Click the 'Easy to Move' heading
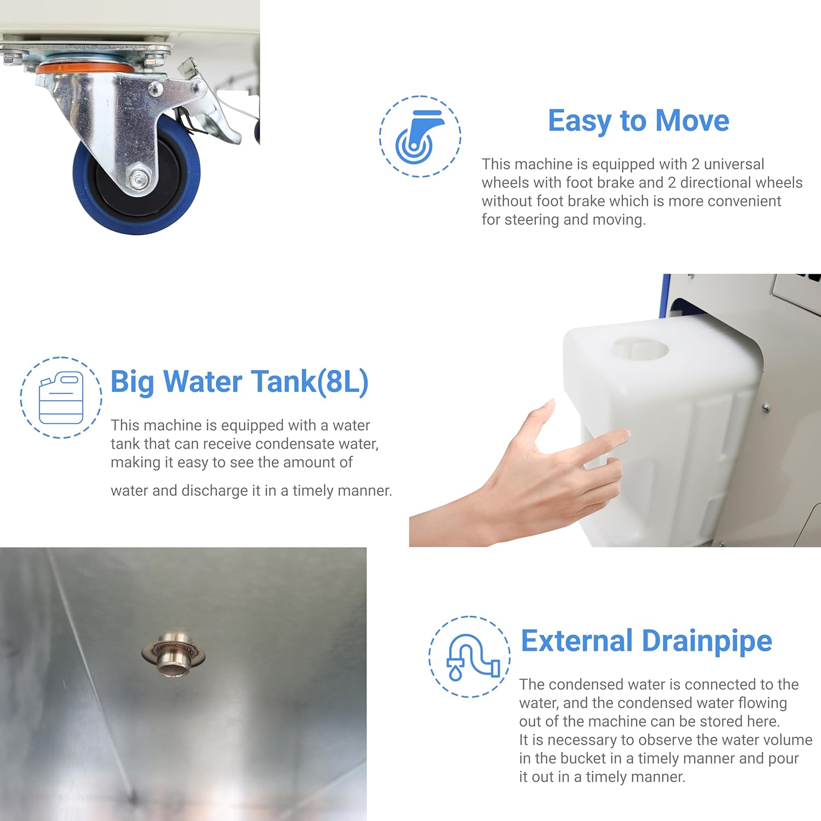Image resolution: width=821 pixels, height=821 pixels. point(638,121)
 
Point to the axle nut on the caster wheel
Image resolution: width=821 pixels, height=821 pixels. point(136,177)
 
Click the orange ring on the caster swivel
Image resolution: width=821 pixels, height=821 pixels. point(85,69)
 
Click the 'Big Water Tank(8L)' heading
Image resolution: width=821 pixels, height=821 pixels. point(239,381)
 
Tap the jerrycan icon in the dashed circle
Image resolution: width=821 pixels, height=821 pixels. point(61,398)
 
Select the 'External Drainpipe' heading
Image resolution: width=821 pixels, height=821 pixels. point(646,641)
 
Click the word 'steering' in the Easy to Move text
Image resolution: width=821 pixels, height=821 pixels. point(531,220)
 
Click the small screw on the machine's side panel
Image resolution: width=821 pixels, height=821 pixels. point(766,407)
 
